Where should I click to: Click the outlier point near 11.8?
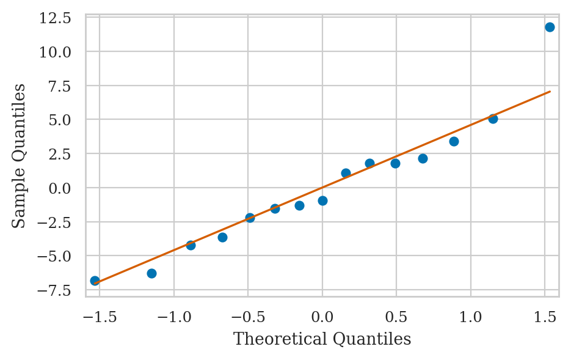click(x=550, y=27)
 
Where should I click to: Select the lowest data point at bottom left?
click(x=95, y=281)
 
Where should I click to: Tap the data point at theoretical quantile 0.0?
click(x=322, y=200)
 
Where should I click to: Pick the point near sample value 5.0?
click(x=493, y=119)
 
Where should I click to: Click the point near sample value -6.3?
click(x=151, y=273)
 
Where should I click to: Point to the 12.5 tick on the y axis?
click(x=54, y=18)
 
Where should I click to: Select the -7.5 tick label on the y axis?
click(x=54, y=290)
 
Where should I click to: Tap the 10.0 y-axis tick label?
click(x=54, y=52)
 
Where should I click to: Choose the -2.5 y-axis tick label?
click(x=54, y=222)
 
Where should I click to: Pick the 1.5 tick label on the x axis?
click(x=545, y=316)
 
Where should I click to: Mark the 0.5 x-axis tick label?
click(x=396, y=316)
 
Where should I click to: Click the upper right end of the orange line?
click(x=550, y=92)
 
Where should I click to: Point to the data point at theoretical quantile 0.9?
click(x=454, y=141)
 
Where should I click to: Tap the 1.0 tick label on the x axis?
click(x=471, y=316)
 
